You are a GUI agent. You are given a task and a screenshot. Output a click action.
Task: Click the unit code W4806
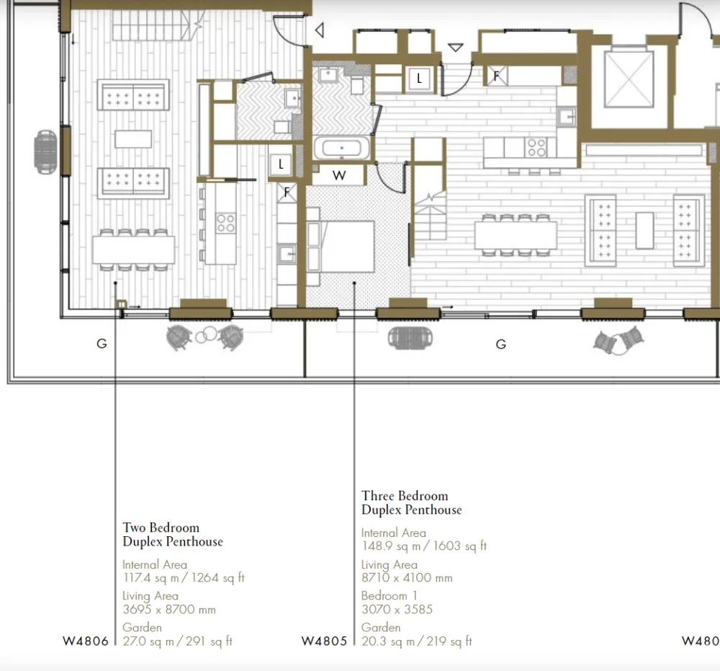[86, 641]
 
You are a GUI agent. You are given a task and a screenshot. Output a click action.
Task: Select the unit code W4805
[324, 641]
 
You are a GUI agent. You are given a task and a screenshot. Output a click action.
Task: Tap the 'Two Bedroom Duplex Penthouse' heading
[173, 535]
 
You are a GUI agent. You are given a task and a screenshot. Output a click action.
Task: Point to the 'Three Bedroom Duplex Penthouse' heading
[411, 503]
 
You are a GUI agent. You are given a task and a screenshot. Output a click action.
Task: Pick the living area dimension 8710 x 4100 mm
[407, 578]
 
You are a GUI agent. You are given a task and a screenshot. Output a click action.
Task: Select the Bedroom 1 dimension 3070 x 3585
[397, 610]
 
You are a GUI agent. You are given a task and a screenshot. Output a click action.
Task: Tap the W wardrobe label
[339, 175]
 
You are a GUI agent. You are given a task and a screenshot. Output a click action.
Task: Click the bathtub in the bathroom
[341, 148]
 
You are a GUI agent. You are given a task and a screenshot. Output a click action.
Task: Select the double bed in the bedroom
[347, 246]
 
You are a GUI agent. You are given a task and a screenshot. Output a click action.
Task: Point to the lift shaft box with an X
[629, 79]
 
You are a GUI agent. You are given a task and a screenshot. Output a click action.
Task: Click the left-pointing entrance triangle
[320, 30]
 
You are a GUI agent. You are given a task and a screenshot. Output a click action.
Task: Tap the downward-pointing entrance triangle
[456, 48]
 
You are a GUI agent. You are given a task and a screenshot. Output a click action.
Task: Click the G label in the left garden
[102, 343]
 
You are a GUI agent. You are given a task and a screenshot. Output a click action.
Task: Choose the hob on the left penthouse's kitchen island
[226, 223]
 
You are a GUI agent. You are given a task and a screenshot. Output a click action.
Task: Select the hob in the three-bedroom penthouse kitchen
[536, 148]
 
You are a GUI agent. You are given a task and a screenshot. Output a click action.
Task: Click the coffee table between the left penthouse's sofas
[133, 139]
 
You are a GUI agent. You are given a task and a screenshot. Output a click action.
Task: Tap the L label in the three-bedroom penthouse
[419, 79]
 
